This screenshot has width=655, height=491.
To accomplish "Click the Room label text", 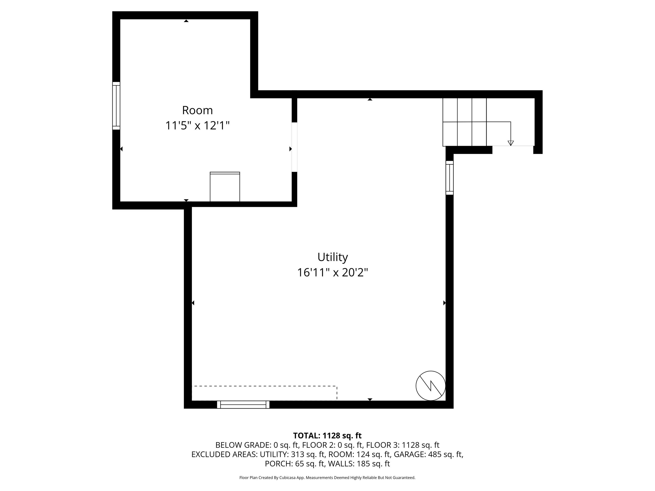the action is tap(197, 110).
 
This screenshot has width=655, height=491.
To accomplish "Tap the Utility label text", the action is tap(333, 257).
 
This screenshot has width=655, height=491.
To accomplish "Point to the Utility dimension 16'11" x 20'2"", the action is tap(333, 272).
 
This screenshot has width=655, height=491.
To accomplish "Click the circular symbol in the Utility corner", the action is tap(431, 386).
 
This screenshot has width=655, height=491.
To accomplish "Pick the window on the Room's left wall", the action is tap(116, 106).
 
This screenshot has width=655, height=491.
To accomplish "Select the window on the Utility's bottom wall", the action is tap(243, 405).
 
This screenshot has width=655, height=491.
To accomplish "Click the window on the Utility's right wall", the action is tap(450, 178).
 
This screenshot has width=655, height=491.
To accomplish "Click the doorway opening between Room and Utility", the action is tap(294, 147).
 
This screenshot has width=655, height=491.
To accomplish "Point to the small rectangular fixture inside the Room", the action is tap(225, 187).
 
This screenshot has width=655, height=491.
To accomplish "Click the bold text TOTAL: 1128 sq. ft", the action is tap(327, 436).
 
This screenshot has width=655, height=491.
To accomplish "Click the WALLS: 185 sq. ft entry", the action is tap(359, 464).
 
